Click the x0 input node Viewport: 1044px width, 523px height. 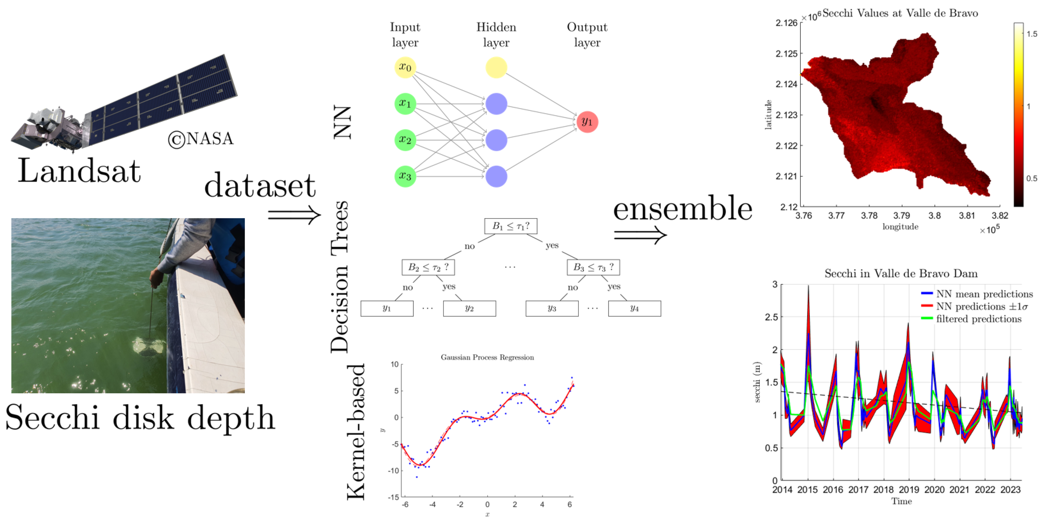point(405,67)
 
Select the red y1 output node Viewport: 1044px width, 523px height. point(587,122)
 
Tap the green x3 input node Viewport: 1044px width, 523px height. point(405,176)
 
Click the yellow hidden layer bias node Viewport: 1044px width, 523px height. point(496,67)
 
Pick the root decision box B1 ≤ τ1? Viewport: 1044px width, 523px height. point(510,226)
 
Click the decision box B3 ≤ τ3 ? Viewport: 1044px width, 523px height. point(593,267)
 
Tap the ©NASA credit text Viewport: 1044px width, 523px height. point(201,139)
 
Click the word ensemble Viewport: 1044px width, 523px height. point(683,209)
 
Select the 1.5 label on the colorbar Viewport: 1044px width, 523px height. point(1032,34)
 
